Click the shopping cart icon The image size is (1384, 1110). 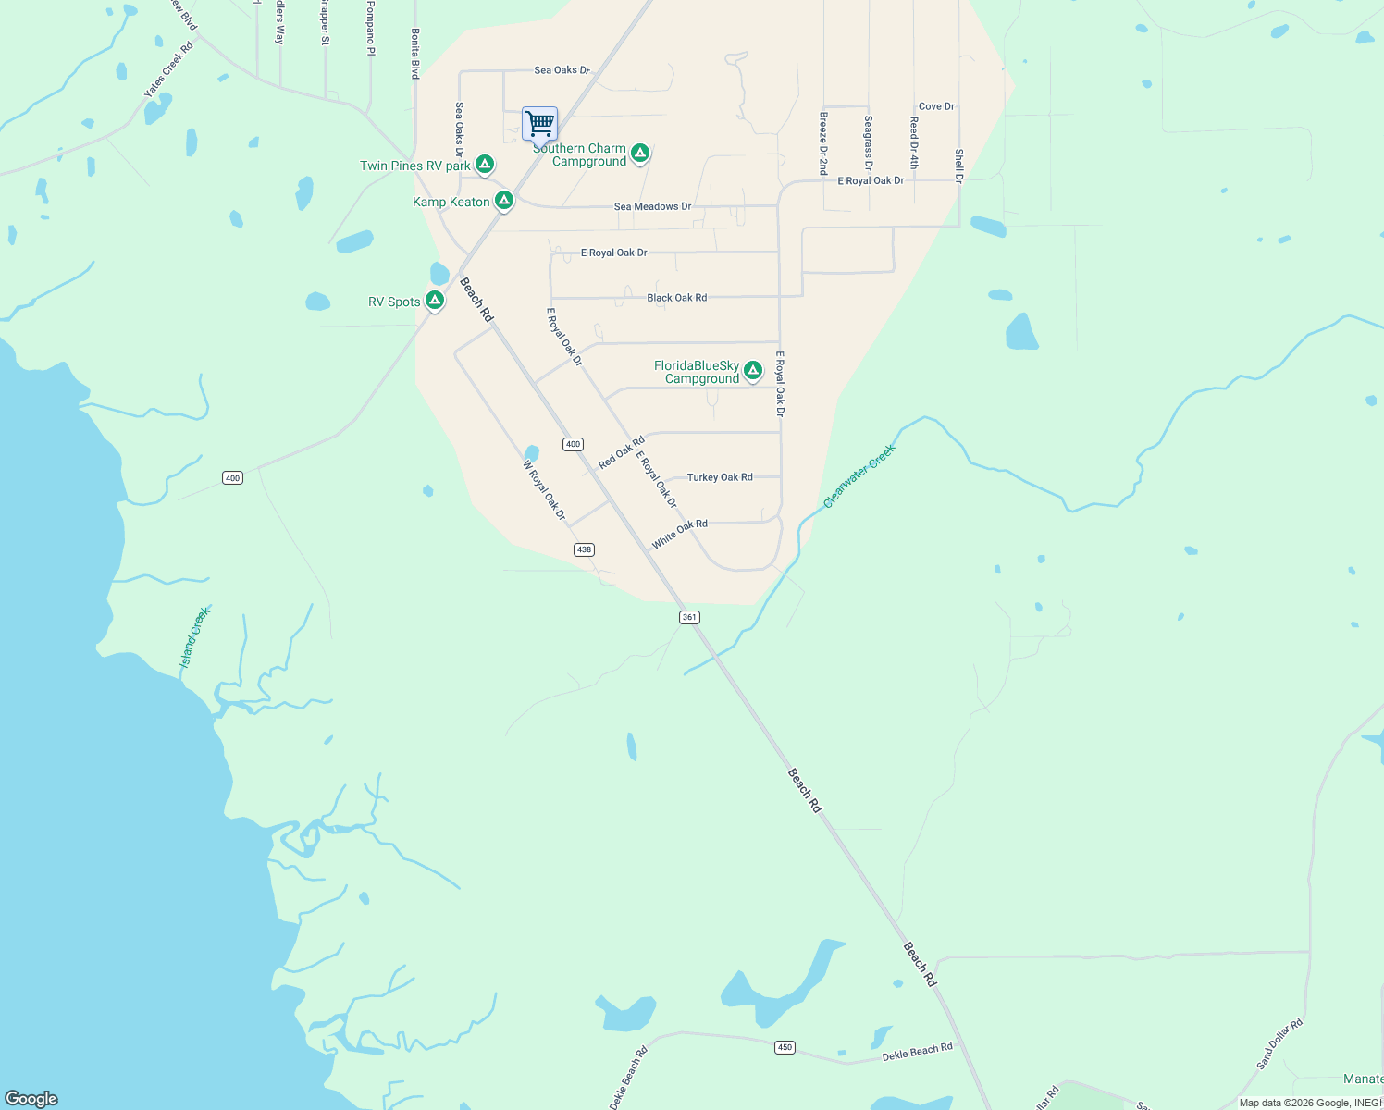(539, 123)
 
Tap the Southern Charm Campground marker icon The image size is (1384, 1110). (639, 153)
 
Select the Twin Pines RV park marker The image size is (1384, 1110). (484, 165)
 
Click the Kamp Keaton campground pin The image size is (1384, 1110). (503, 200)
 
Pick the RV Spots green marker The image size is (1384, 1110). (434, 300)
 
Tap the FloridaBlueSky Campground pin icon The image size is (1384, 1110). (753, 371)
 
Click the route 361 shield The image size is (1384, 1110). (689, 617)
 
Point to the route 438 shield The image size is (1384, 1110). (583, 549)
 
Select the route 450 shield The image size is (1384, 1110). (785, 1047)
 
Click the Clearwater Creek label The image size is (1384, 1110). (859, 476)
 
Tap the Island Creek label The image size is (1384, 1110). (195, 636)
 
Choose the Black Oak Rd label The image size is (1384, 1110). (676, 298)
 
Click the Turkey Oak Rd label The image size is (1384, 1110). (719, 477)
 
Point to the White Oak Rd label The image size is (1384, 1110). (679, 534)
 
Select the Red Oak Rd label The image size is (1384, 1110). (621, 453)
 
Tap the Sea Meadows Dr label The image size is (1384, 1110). (652, 207)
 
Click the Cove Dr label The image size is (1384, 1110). (936, 106)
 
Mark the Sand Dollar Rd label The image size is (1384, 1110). (1279, 1044)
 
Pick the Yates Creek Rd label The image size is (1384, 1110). (168, 70)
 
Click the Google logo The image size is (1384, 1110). (31, 1098)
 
